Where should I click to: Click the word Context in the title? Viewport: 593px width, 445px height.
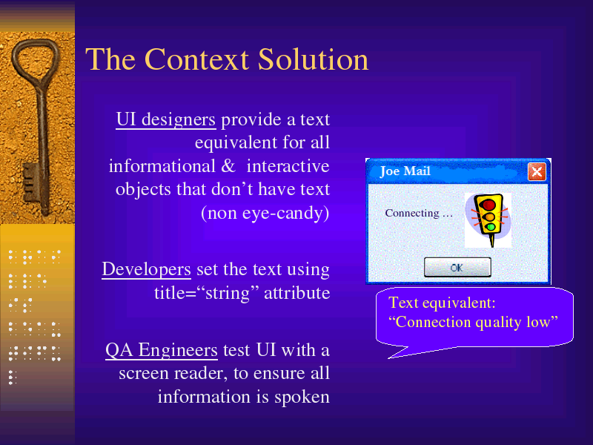[x=196, y=59]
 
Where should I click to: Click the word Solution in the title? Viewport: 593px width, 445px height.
[x=313, y=59]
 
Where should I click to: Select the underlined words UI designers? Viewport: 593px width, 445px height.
[x=165, y=119]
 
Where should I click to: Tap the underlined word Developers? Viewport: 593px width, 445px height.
[x=146, y=269]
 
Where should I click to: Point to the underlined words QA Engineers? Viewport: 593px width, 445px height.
[x=162, y=350]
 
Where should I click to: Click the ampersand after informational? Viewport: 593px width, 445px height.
[x=228, y=166]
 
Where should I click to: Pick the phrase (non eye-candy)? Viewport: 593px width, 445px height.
[x=265, y=213]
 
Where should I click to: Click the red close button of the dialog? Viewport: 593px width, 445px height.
[x=537, y=172]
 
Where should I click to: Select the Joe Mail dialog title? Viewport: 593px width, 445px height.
[x=405, y=171]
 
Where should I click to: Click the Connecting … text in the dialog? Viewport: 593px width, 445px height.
[x=419, y=213]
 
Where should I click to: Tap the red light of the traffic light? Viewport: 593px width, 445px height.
[x=489, y=205]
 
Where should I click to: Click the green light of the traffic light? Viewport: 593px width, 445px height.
[x=491, y=227]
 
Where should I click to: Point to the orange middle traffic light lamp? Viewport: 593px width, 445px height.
[x=490, y=217]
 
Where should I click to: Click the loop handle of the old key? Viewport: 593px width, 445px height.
[x=36, y=62]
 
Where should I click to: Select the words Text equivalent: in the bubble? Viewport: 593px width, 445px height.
[x=442, y=303]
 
